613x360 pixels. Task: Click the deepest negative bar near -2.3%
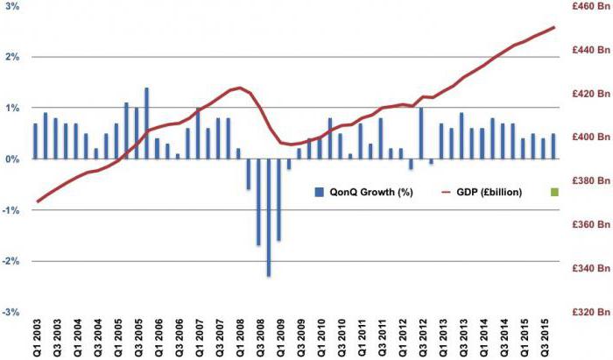tap(269, 218)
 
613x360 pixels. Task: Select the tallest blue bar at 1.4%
tap(146, 124)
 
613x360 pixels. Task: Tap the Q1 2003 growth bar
tap(35, 142)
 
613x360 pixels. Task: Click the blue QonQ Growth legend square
tap(320, 192)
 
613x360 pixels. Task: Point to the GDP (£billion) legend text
tap(489, 192)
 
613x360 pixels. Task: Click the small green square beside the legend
tap(554, 192)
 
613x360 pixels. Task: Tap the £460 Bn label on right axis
tap(590, 6)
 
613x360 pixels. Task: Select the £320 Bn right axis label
tap(590, 312)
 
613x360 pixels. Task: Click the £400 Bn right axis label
tap(590, 137)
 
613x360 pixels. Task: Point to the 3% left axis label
tap(12, 6)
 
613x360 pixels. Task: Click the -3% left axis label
tap(11, 313)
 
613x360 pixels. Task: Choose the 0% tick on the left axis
tap(12, 159)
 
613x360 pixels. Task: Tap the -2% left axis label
tap(11, 261)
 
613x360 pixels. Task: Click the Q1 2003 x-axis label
tap(36, 338)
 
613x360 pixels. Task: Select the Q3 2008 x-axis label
tap(261, 338)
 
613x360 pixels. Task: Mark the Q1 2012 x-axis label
tap(404, 338)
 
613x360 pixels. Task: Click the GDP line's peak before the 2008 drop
tap(239, 88)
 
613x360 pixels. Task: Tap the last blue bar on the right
tap(553, 146)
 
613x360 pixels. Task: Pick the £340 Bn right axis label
tap(590, 268)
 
